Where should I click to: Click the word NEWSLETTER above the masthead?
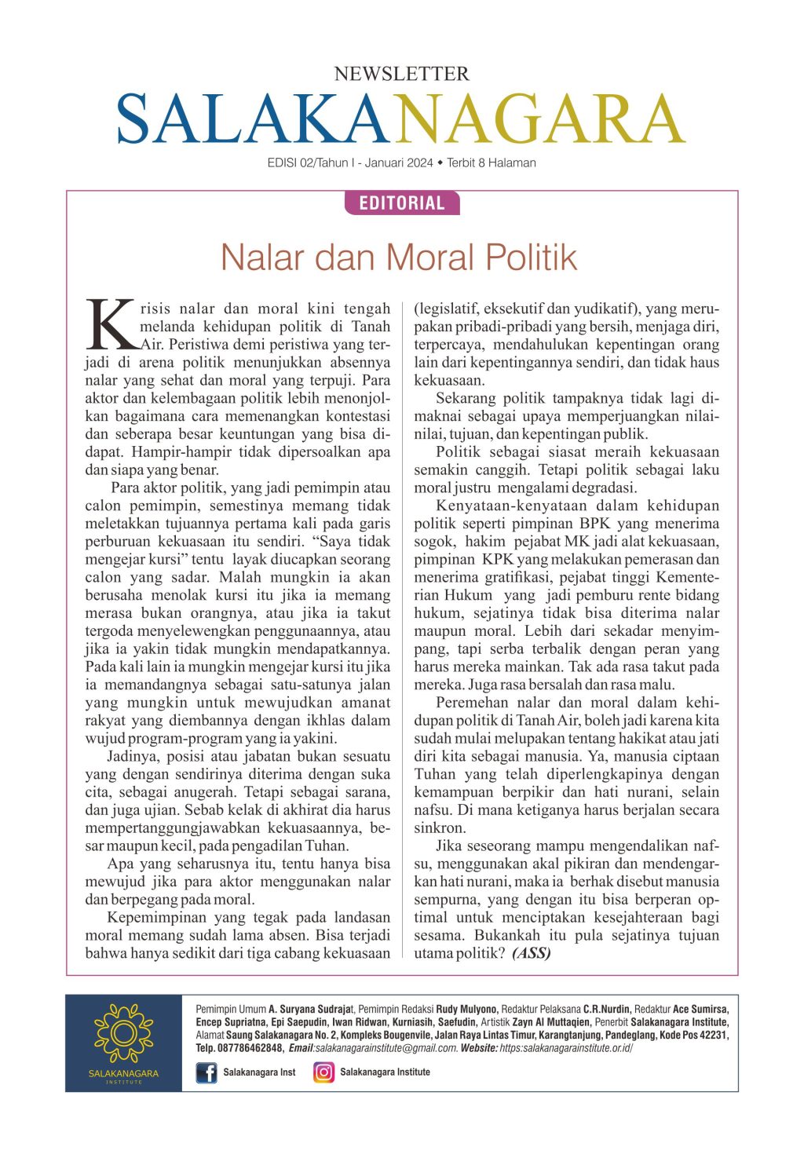[x=401, y=74]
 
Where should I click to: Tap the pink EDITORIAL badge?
[x=402, y=203]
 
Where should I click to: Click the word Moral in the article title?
[x=433, y=258]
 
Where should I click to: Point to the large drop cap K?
[x=111, y=323]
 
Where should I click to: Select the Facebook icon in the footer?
[x=206, y=1072]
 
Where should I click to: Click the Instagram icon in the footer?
[x=323, y=1072]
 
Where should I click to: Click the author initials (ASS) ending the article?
[x=532, y=953]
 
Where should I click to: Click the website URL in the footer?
[x=565, y=1048]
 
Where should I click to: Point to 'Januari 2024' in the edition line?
[x=399, y=163]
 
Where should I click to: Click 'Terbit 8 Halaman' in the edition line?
[x=492, y=163]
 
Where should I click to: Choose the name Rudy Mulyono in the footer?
[x=466, y=1009]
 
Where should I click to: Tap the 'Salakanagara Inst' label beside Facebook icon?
[x=259, y=1072]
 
